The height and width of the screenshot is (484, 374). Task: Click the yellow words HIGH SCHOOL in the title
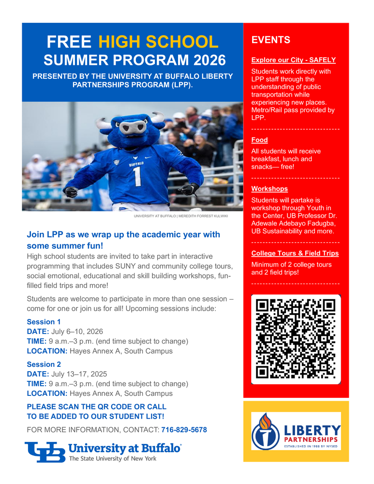point(159,42)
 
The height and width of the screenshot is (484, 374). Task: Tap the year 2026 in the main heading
point(207,60)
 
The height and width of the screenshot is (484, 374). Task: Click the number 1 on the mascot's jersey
point(137,176)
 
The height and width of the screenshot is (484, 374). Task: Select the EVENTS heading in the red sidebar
point(270,40)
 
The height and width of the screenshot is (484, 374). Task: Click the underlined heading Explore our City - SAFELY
point(293,60)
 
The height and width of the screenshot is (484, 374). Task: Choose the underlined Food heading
point(259,140)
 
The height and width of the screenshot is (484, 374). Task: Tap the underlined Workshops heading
point(269,189)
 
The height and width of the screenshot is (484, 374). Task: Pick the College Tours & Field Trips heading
point(295,253)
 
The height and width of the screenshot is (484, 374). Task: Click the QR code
point(296,339)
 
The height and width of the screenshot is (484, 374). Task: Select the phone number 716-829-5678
point(184,430)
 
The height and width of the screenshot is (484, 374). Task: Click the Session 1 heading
point(41,322)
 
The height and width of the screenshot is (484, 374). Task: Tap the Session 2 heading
point(41,364)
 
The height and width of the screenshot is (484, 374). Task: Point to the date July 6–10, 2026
point(77,332)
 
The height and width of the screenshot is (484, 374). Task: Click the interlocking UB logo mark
point(45,452)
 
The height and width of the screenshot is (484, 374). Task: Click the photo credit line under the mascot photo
point(180,216)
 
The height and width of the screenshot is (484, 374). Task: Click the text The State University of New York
point(113,458)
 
